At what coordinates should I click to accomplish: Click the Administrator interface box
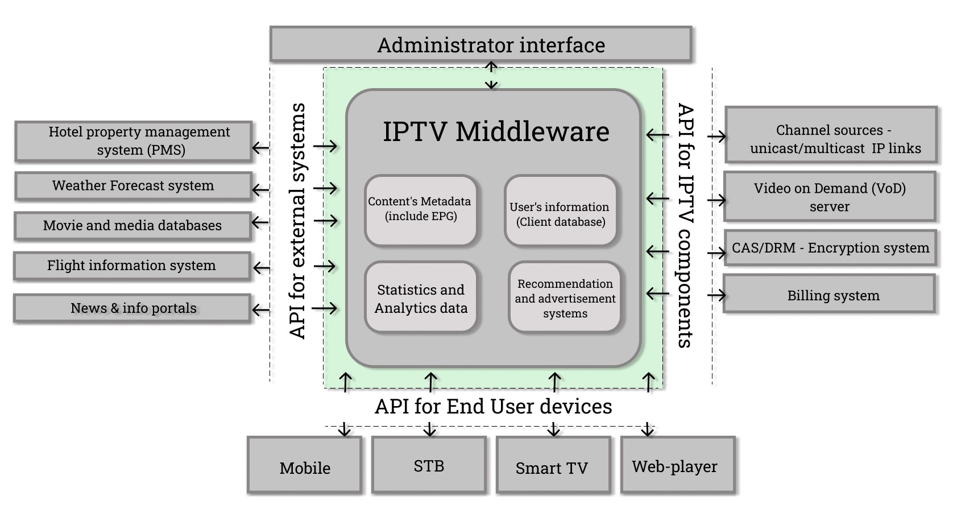tap(480, 44)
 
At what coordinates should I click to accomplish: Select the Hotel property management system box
tap(134, 140)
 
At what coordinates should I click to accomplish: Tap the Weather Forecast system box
tap(133, 186)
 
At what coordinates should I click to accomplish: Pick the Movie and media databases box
tap(132, 225)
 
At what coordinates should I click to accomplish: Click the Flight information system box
tap(132, 266)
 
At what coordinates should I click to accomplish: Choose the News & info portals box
tap(132, 308)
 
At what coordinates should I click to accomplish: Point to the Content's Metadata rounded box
tap(420, 209)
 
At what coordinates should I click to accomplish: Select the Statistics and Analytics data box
tap(421, 298)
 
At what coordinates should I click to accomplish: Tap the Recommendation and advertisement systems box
tap(565, 298)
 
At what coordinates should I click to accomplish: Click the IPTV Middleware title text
tap(496, 131)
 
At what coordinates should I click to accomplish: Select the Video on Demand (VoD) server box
tap(830, 196)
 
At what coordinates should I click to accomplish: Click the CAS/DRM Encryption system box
tap(830, 248)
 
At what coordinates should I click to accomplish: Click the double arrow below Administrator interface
tap(491, 76)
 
